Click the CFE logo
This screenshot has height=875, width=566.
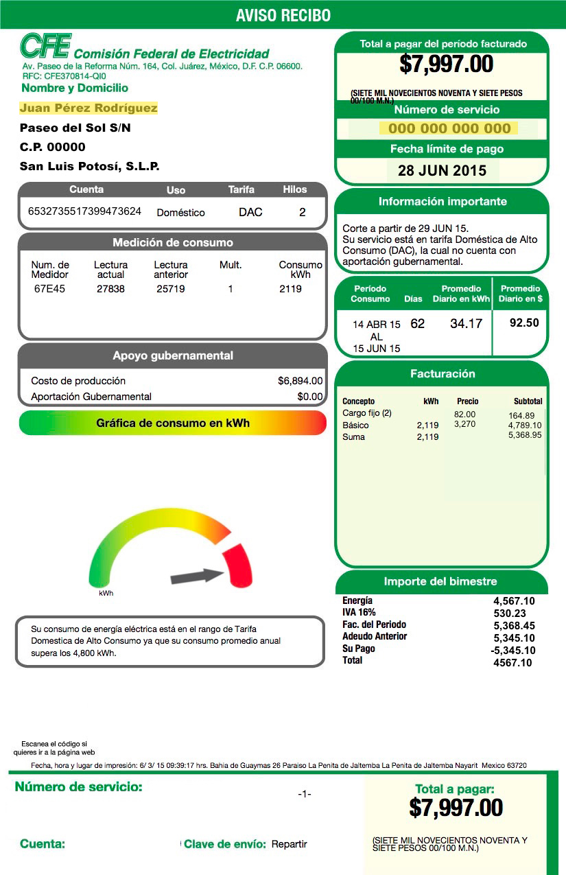click(45, 46)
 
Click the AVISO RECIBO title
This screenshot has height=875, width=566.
click(283, 15)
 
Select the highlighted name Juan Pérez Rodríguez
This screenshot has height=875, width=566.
click(89, 108)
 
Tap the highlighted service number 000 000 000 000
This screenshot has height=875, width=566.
click(449, 128)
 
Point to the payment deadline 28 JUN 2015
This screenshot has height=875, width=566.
click(442, 171)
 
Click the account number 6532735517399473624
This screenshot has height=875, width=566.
click(84, 211)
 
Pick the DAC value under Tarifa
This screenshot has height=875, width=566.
click(250, 212)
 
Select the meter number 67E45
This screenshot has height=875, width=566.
click(49, 289)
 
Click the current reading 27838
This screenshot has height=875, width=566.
click(110, 289)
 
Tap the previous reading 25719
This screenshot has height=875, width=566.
click(170, 289)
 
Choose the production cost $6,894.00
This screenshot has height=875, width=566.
click(300, 381)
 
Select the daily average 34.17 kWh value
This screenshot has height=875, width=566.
click(466, 323)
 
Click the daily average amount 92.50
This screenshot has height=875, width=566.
click(524, 323)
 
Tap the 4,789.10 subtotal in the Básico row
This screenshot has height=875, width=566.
click(525, 425)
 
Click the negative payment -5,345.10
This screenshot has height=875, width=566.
click(513, 650)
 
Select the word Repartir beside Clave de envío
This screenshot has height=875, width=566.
click(289, 844)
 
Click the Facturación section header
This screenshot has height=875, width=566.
click(442, 374)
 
